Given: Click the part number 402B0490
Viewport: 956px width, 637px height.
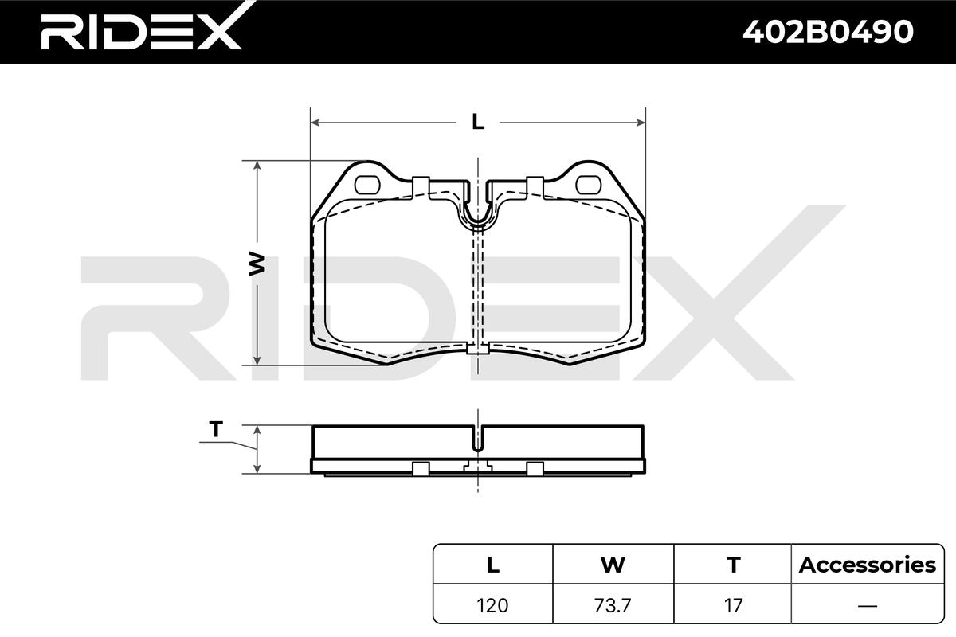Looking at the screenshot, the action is tap(828, 32).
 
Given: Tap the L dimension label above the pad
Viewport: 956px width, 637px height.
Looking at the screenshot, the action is tap(478, 123).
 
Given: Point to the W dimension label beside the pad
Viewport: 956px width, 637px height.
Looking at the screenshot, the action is tap(257, 264).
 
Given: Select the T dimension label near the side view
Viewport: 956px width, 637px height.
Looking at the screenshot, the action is tap(216, 429).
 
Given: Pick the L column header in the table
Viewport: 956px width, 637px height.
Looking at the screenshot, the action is tap(493, 565).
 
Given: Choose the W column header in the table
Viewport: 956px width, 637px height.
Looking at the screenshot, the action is tap(613, 565).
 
